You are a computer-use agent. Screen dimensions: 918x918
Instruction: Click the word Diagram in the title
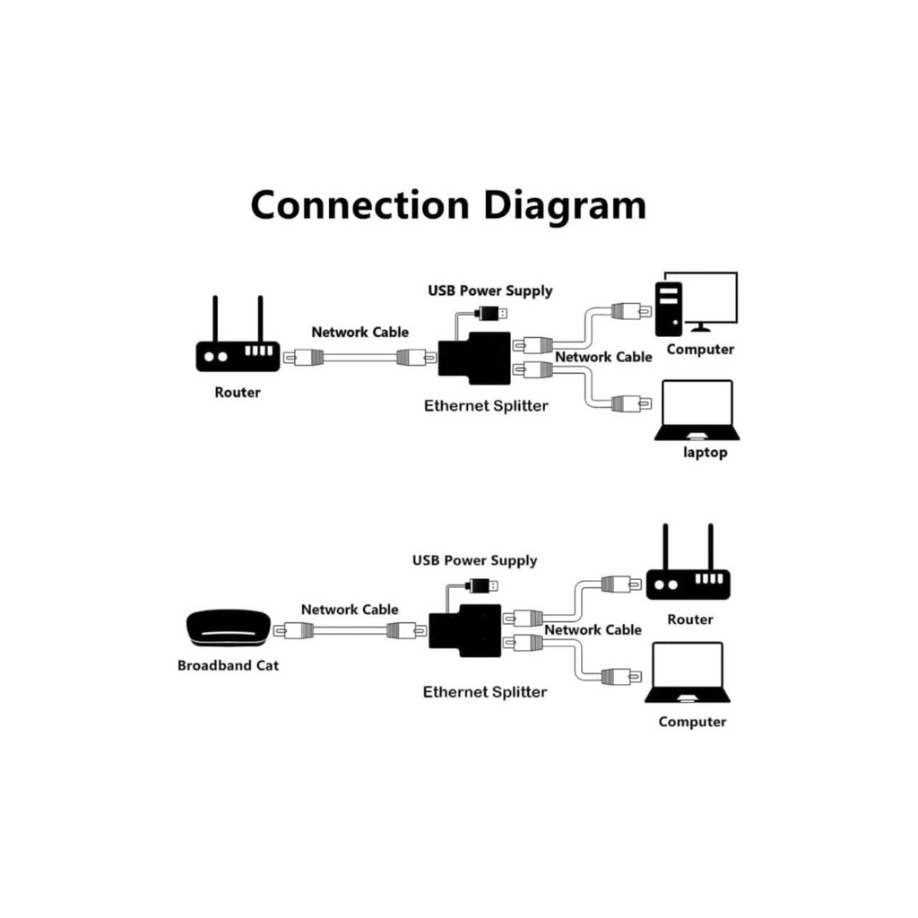(x=565, y=205)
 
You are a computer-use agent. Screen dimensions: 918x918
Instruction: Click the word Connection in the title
(x=359, y=204)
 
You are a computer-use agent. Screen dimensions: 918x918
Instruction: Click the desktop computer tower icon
(x=668, y=309)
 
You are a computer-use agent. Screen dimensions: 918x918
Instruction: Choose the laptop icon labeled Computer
(x=688, y=673)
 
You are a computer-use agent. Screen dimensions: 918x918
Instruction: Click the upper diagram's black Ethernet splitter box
(x=474, y=359)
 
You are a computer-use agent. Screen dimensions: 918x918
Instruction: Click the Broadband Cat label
(x=228, y=665)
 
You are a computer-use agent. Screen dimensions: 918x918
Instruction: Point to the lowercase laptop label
(x=706, y=453)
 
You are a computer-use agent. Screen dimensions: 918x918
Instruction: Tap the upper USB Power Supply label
(x=490, y=290)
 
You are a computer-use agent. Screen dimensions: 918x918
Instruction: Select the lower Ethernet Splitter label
(x=484, y=692)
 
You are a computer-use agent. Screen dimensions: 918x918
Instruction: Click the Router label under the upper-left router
(x=238, y=392)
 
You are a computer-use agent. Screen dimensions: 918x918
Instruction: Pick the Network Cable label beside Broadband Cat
(x=350, y=610)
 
